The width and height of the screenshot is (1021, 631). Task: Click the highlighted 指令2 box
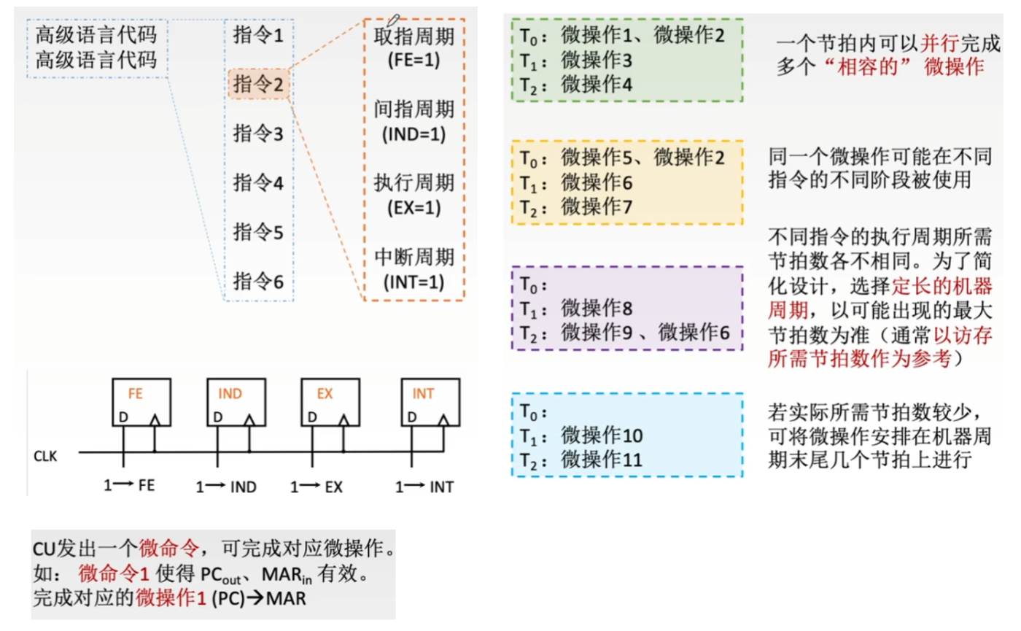click(x=258, y=85)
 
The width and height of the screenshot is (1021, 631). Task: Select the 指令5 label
click(x=257, y=232)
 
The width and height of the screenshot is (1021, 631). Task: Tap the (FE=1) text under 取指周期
click(x=414, y=60)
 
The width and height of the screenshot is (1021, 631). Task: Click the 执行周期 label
click(x=414, y=182)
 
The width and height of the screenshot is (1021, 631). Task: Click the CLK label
click(x=45, y=457)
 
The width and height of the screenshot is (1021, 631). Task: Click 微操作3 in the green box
click(x=596, y=60)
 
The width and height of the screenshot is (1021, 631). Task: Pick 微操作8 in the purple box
click(x=596, y=307)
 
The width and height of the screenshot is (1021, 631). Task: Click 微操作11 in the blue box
click(x=601, y=460)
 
